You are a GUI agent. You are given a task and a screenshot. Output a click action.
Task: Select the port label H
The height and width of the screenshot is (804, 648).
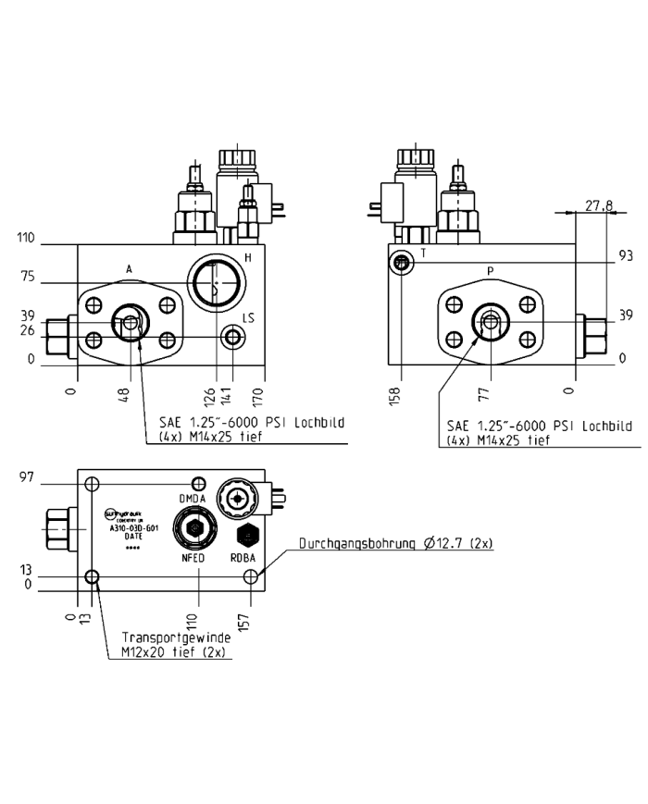pyautogui.click(x=247, y=257)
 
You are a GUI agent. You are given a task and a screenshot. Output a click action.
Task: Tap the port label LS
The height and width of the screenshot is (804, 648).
pyautogui.click(x=247, y=318)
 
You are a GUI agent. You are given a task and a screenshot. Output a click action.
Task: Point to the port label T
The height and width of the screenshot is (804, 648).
pyautogui.click(x=422, y=252)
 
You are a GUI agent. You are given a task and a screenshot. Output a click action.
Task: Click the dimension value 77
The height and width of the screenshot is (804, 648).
pyautogui.click(x=483, y=395)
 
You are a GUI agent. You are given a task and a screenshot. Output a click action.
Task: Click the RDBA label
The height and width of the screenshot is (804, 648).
pyautogui.click(x=245, y=558)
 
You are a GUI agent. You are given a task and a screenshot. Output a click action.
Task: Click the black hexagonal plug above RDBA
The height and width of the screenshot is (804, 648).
pyautogui.click(x=246, y=534)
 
